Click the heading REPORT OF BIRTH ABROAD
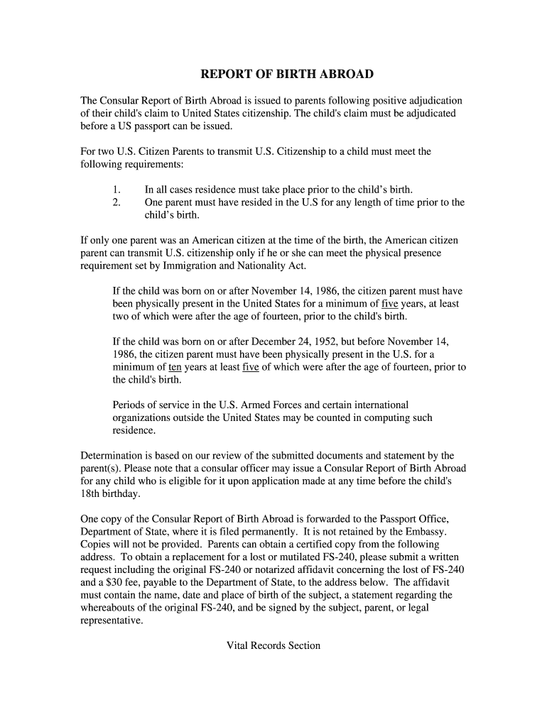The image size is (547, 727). tap(286, 75)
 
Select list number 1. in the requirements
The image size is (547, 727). tap(117, 190)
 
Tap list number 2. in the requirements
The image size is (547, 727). tap(117, 202)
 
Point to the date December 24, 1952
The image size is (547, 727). tap(287, 341)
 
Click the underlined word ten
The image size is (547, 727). tap(175, 367)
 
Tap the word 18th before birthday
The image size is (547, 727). tap(91, 494)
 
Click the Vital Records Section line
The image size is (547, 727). tap(273, 645)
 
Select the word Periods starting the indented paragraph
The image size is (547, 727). tap(130, 405)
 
